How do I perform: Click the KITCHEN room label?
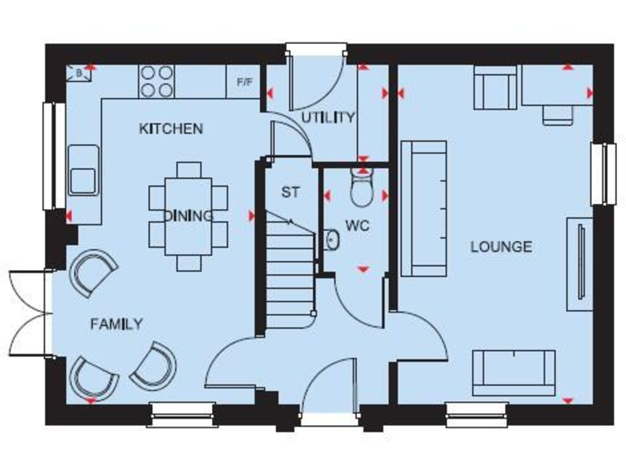click(170, 129)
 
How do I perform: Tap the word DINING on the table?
click(188, 215)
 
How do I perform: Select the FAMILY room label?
click(116, 324)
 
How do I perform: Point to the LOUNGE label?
click(500, 246)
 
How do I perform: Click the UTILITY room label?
click(328, 117)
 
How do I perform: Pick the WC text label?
click(357, 226)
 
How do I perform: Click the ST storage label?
click(290, 193)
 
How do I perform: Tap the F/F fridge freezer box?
click(244, 82)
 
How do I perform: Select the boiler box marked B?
click(79, 73)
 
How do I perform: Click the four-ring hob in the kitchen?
click(156, 81)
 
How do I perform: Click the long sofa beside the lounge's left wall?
click(423, 208)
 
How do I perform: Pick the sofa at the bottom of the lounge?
click(514, 372)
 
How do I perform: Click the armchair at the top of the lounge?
click(495, 88)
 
